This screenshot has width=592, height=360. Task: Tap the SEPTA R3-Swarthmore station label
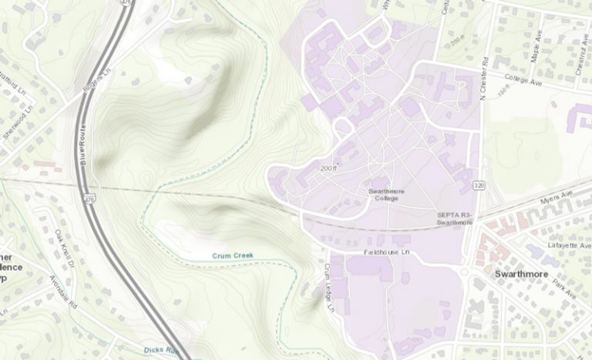tap(454, 218)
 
